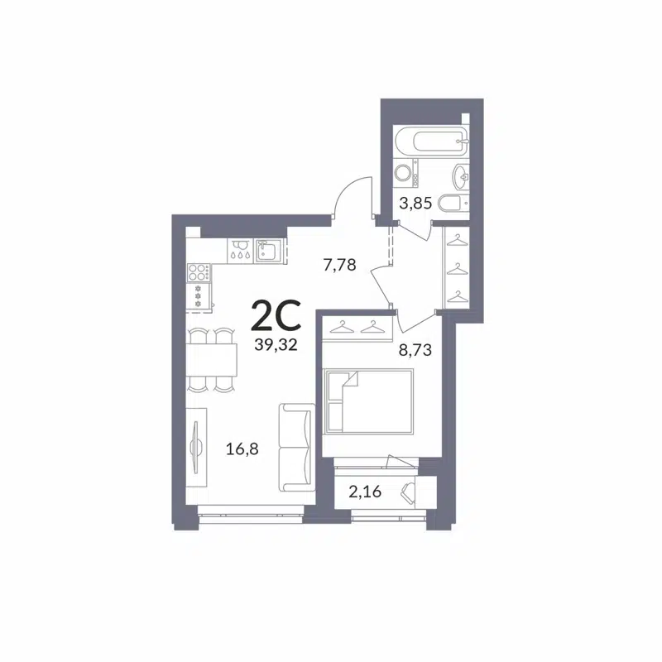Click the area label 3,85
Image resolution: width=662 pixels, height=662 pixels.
[x=415, y=202]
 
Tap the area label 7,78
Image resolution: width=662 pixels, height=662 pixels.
[x=339, y=265]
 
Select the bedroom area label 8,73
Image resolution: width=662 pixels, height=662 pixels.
[x=415, y=349]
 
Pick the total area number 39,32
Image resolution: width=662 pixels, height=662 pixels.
[x=277, y=346]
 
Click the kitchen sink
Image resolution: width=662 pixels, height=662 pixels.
[x=269, y=249]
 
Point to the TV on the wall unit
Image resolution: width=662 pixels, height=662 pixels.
[x=195, y=447]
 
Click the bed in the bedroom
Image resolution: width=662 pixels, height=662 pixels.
[x=368, y=401]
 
